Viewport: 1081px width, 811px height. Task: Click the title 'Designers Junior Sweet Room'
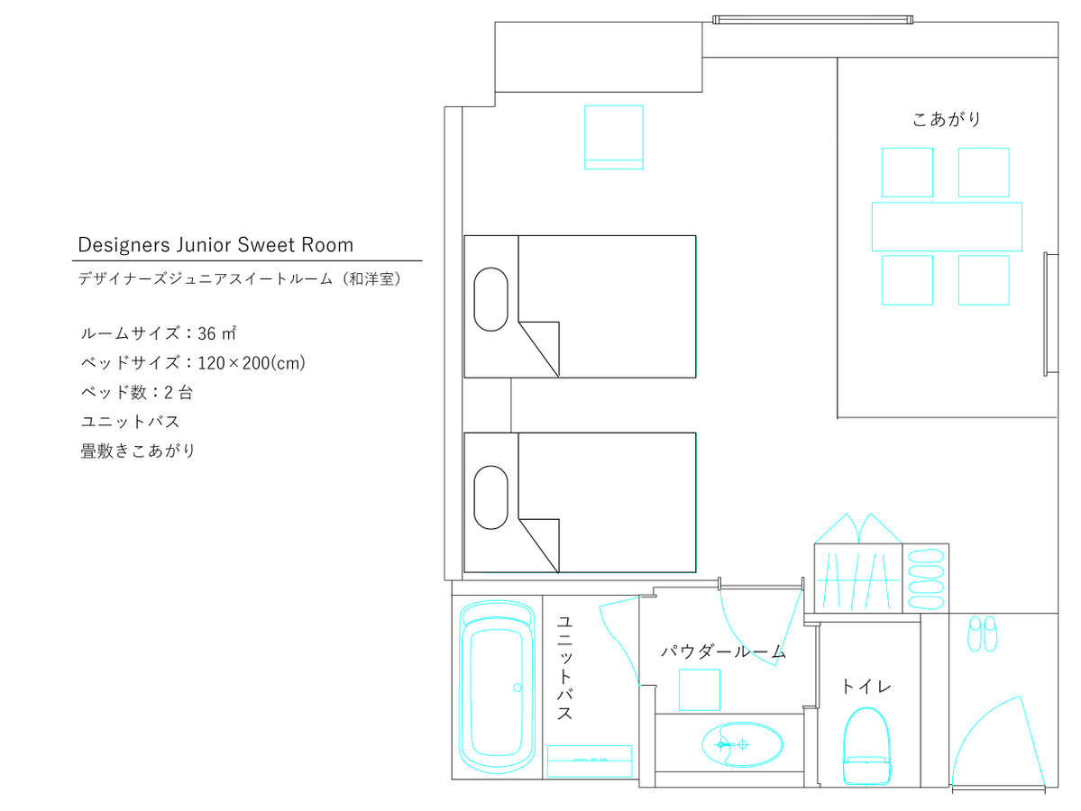(x=215, y=244)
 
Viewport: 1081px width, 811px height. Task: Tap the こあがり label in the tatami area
(x=947, y=119)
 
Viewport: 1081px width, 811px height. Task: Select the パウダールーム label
(x=723, y=652)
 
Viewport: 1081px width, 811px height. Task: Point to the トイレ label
(x=866, y=687)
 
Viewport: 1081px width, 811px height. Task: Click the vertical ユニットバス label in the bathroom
(x=564, y=668)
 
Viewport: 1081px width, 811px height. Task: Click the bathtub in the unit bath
(x=497, y=687)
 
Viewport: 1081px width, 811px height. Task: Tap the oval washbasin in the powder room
(x=743, y=745)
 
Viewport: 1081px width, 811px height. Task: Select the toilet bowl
(x=866, y=745)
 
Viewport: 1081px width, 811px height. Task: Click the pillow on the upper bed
(x=490, y=299)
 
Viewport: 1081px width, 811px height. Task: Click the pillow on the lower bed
(x=490, y=497)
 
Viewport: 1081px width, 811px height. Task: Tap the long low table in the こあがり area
(x=947, y=227)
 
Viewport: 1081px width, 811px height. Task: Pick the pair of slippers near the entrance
(x=983, y=633)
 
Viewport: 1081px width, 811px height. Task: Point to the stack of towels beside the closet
(x=925, y=579)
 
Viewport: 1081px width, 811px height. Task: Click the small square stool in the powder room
(x=699, y=689)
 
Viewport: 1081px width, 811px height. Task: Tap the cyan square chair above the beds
(x=614, y=137)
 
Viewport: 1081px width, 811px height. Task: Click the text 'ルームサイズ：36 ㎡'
(x=159, y=333)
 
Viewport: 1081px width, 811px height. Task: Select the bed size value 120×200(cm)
(x=252, y=363)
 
